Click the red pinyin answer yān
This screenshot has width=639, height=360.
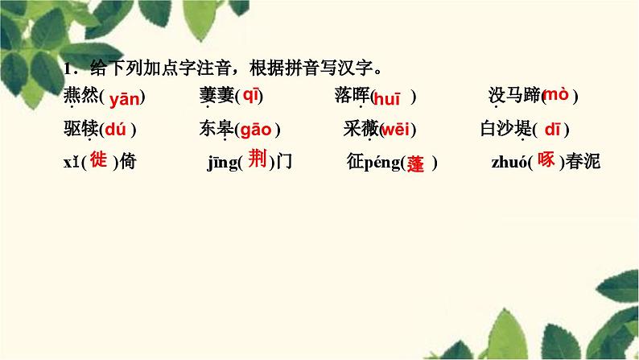(x=125, y=99)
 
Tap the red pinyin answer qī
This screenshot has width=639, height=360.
(x=250, y=96)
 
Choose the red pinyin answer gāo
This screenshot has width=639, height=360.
(x=255, y=129)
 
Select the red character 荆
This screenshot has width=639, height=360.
(x=257, y=160)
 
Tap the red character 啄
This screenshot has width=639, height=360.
(x=546, y=159)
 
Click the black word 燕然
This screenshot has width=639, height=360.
(x=79, y=97)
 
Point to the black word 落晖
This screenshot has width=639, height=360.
(x=351, y=97)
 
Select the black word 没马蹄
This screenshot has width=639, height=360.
(x=513, y=96)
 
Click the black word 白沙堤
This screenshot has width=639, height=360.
(x=503, y=129)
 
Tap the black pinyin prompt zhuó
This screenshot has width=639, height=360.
(x=508, y=163)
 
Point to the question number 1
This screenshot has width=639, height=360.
(x=68, y=68)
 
